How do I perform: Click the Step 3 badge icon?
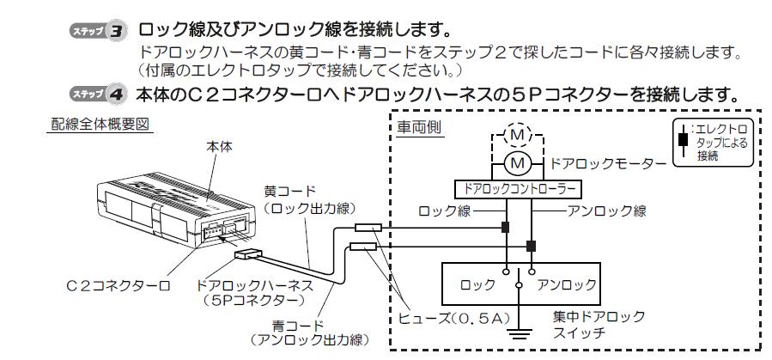tap(98, 32)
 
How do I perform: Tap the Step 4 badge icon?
tap(98, 94)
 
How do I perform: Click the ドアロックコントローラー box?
tap(518, 189)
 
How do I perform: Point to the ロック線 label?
tap(444, 211)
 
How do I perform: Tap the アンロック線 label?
tap(606, 211)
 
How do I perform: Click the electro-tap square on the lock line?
tap(505, 228)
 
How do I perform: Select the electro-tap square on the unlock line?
tap(531, 246)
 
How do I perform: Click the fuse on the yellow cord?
tap(368, 228)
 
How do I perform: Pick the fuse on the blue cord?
tap(363, 246)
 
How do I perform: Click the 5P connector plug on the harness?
tap(249, 255)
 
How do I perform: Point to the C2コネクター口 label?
tap(119, 285)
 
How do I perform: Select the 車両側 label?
tap(419, 127)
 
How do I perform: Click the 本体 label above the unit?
tap(220, 146)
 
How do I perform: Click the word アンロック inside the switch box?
tap(567, 284)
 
